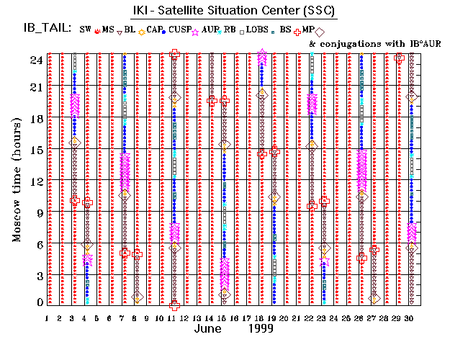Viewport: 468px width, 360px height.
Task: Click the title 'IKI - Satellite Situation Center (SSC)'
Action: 233,12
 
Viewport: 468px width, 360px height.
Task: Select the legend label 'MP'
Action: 307,30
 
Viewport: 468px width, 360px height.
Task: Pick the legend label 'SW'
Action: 86,30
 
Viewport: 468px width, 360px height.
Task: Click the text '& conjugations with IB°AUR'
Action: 374,44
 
